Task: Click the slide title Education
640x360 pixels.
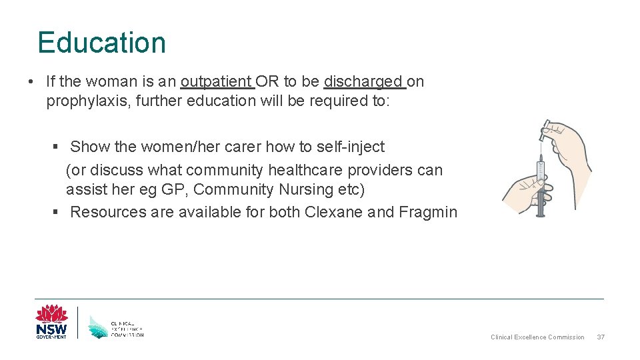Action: click(x=101, y=43)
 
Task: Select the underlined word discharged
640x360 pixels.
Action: click(x=363, y=82)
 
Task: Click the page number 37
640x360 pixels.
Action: click(x=600, y=337)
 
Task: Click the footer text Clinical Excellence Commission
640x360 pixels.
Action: click(x=537, y=337)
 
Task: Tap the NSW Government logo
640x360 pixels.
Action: click(x=51, y=322)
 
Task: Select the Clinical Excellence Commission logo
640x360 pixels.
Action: click(x=116, y=326)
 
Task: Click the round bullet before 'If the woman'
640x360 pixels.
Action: click(x=31, y=82)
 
